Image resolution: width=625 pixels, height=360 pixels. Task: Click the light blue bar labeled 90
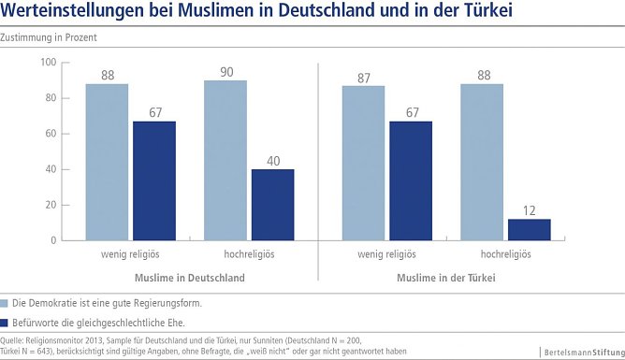pos(225,160)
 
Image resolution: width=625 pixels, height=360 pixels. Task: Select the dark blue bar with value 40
pos(271,205)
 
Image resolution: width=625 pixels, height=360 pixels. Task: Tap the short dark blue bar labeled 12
pos(528,230)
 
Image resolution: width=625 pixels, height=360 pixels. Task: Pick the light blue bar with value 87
pos(363,163)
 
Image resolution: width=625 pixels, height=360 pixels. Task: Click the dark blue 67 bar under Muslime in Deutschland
pos(153,180)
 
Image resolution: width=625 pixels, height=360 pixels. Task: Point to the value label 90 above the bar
pos(225,71)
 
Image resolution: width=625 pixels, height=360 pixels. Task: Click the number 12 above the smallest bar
pos(528,209)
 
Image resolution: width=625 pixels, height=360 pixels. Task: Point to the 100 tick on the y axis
pos(50,63)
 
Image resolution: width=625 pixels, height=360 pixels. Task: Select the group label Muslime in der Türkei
pos(446,278)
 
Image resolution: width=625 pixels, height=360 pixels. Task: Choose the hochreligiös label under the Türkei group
pos(505,253)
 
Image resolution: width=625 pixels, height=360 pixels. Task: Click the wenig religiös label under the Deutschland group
pos(131,253)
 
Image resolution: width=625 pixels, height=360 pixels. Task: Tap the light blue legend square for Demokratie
pos(5,303)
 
